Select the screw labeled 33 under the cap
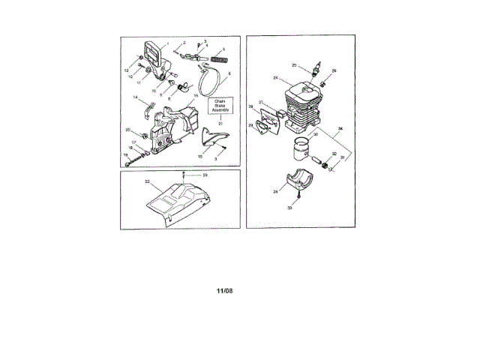point(298,196)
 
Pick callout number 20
point(128,130)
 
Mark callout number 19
point(126,155)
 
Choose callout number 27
point(261,103)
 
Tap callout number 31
point(343,157)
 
